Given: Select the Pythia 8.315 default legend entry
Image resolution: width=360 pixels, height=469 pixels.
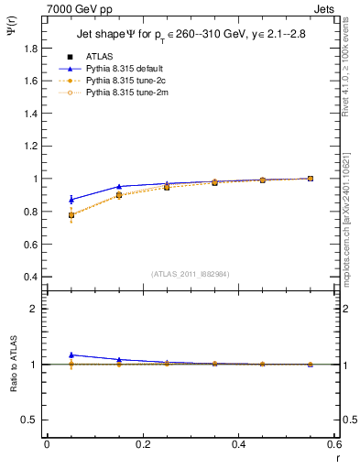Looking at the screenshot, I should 120,69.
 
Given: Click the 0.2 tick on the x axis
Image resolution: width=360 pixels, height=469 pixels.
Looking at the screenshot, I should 143,444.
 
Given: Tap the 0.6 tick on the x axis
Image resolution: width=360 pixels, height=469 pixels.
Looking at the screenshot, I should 334,444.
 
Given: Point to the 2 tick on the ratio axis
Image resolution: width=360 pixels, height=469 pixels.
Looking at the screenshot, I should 37,309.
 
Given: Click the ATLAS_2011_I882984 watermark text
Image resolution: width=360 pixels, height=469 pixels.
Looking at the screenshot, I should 191,274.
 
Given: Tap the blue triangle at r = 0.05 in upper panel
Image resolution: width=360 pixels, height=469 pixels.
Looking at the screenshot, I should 71,199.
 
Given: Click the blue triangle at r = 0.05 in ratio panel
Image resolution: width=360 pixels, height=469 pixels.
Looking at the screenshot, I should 71,354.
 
